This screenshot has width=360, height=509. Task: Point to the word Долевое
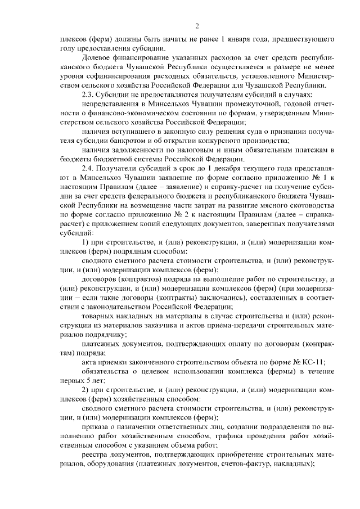tap(97, 58)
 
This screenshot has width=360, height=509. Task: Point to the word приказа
tap(95, 426)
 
